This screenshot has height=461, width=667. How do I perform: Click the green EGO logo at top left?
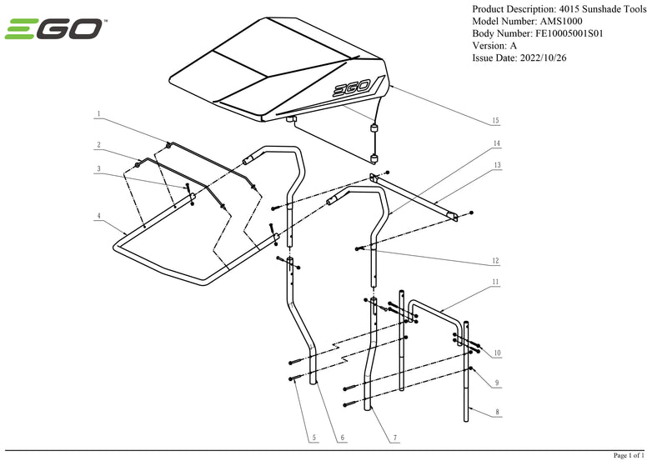pyautogui.click(x=54, y=31)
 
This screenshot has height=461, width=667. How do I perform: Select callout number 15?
pyautogui.click(x=495, y=121)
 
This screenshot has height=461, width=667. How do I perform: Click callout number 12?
pyautogui.click(x=495, y=260)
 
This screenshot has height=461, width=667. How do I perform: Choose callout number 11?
pyautogui.click(x=495, y=283)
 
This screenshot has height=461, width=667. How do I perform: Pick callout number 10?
pyautogui.click(x=497, y=353)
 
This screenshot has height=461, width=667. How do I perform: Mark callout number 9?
pyautogui.click(x=497, y=382)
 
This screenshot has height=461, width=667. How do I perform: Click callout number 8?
pyautogui.click(x=497, y=411)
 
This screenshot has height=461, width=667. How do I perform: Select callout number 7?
pyautogui.click(x=394, y=438)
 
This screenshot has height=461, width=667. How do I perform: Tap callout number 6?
pyautogui.click(x=342, y=438)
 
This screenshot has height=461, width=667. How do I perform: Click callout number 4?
pyautogui.click(x=98, y=216)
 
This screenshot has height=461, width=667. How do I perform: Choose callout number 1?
pyautogui.click(x=98, y=113)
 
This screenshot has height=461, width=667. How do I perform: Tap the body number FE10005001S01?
pyautogui.click(x=576, y=33)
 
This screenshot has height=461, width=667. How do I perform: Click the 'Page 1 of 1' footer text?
pyautogui.click(x=629, y=455)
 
